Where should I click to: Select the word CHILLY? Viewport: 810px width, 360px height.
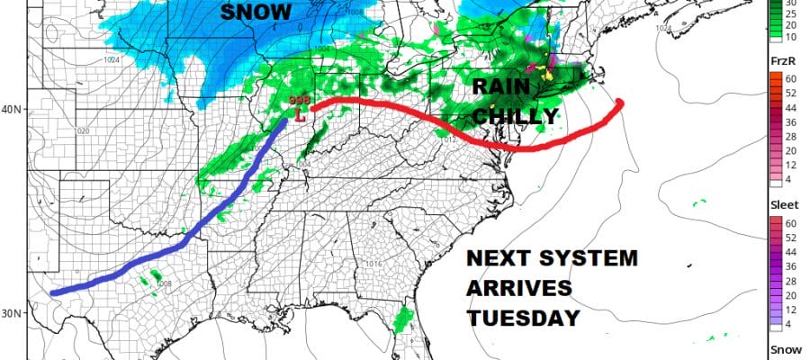click(516, 117)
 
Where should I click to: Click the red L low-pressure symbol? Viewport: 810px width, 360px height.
click(301, 115)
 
